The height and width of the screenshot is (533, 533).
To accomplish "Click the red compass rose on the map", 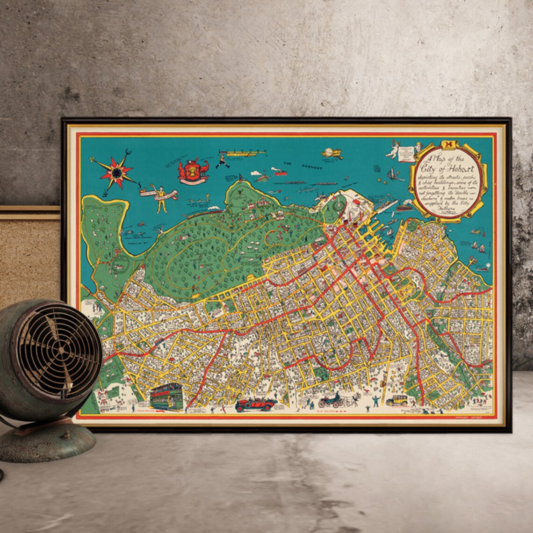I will click(x=115, y=172).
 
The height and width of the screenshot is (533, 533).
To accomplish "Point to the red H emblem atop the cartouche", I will click(x=449, y=145).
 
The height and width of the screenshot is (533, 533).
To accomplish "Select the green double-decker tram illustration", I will click(x=166, y=396).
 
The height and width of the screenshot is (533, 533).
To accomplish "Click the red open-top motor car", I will click(x=256, y=404).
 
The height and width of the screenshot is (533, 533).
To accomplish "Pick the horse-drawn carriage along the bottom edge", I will click(x=331, y=400).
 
